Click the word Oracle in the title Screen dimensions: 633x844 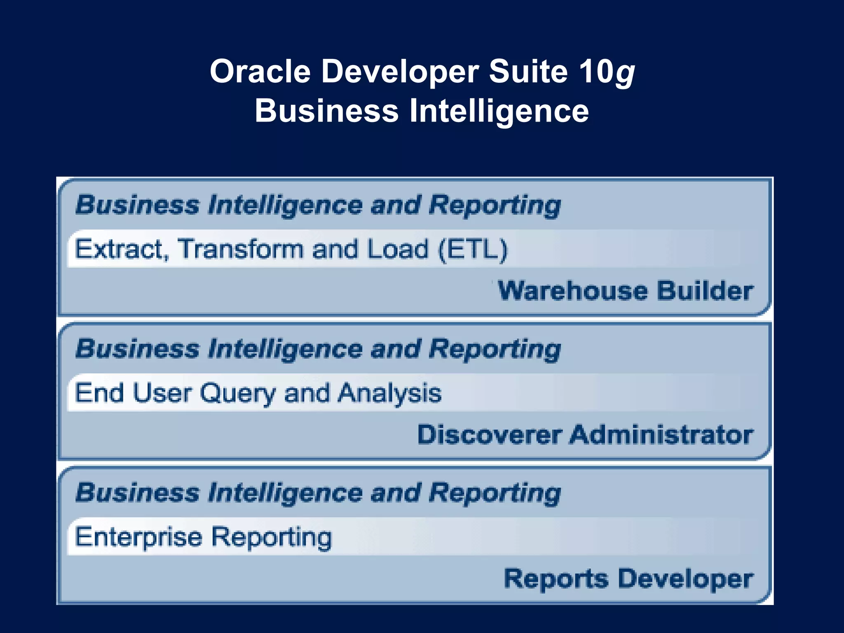pyautogui.click(x=260, y=71)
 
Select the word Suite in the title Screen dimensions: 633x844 pyautogui.click(x=528, y=71)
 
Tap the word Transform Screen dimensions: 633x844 pyautogui.click(x=240, y=249)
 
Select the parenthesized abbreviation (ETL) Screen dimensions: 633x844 pyautogui.click(x=473, y=249)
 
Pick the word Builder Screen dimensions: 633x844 pyautogui.click(x=705, y=291)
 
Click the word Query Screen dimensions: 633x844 pyautogui.click(x=238, y=394)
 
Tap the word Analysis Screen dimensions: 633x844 pyautogui.click(x=389, y=394)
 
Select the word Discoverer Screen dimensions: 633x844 pyautogui.click(x=489, y=434)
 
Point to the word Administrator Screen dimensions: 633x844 pyautogui.click(x=661, y=434)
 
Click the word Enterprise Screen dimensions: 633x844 pyautogui.click(x=138, y=537)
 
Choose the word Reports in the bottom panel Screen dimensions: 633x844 pyautogui.click(x=556, y=579)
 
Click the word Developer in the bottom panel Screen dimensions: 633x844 pyautogui.click(x=686, y=579)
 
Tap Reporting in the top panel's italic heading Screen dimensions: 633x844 pyautogui.click(x=495, y=205)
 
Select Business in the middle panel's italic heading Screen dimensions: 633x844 pyautogui.click(x=137, y=349)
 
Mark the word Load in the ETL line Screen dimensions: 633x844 pyautogui.click(x=398, y=249)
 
